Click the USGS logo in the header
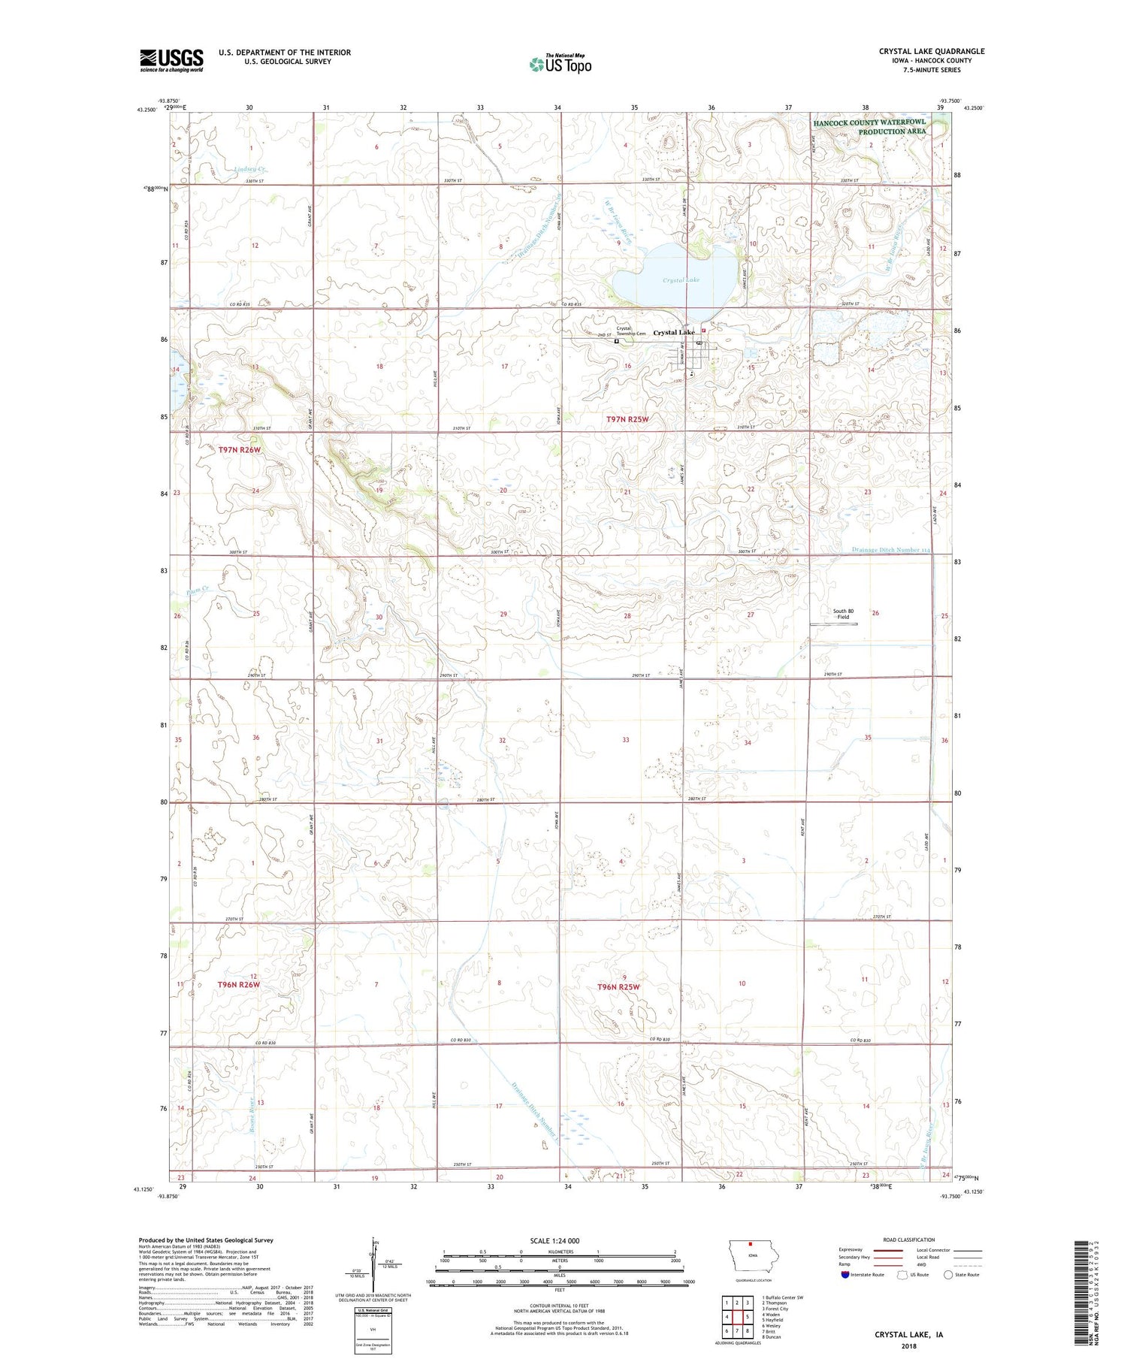(x=171, y=60)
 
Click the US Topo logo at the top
(x=560, y=65)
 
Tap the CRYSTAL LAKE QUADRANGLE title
(x=931, y=51)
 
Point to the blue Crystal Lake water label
(x=681, y=280)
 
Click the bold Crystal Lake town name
(x=674, y=332)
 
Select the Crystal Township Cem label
(x=630, y=331)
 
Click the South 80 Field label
(x=843, y=614)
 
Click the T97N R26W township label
(x=240, y=450)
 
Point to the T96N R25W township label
(x=618, y=986)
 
